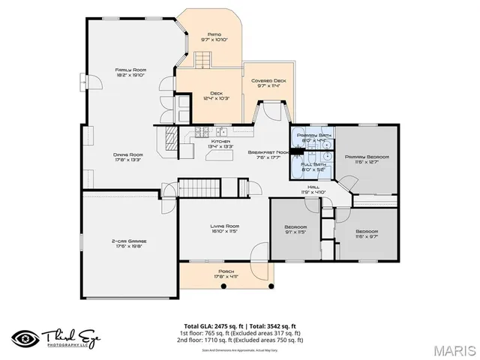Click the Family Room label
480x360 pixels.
124,72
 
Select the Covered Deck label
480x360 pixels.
268,82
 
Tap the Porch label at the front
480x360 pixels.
226,274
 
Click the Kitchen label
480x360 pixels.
220,143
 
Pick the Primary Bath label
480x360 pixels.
314,137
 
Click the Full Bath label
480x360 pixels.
314,166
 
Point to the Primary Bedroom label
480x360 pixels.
365,159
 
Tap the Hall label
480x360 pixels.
313,189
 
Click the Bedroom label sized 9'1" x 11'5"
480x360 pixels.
296,229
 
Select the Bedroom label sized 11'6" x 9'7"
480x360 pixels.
367,233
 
